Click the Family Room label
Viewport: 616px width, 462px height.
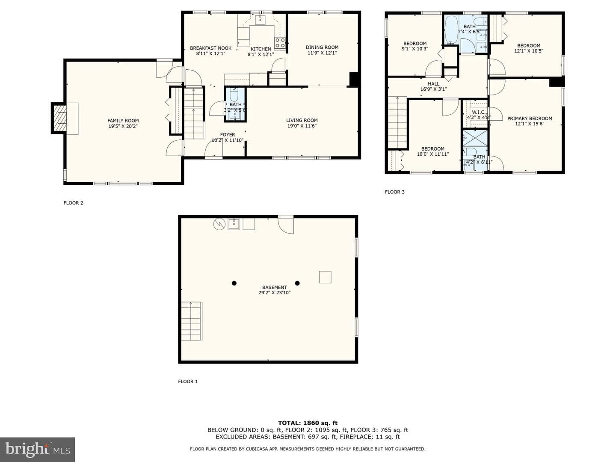(123, 121)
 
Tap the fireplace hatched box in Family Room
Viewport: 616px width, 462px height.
(60, 118)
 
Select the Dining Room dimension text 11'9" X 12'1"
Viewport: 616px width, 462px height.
(322, 53)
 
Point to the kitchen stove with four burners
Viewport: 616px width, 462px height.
(280, 43)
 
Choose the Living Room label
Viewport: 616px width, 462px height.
(302, 120)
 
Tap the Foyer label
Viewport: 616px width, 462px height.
(227, 135)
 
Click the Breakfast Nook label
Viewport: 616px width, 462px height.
(211, 48)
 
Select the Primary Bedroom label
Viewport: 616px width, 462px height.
(530, 118)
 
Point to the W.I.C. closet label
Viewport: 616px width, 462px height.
(479, 112)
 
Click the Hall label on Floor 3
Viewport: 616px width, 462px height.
(434, 84)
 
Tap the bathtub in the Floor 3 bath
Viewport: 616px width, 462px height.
(451, 30)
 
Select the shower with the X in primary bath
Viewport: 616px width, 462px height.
(475, 138)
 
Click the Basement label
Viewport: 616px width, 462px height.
(275, 287)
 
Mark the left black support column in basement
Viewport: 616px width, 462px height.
(234, 283)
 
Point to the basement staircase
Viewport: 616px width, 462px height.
(192, 321)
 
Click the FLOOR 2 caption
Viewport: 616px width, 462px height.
(73, 203)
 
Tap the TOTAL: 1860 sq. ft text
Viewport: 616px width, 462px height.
(308, 423)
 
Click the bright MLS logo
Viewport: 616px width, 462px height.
(37, 450)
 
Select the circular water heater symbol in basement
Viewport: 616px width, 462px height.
(219, 224)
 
